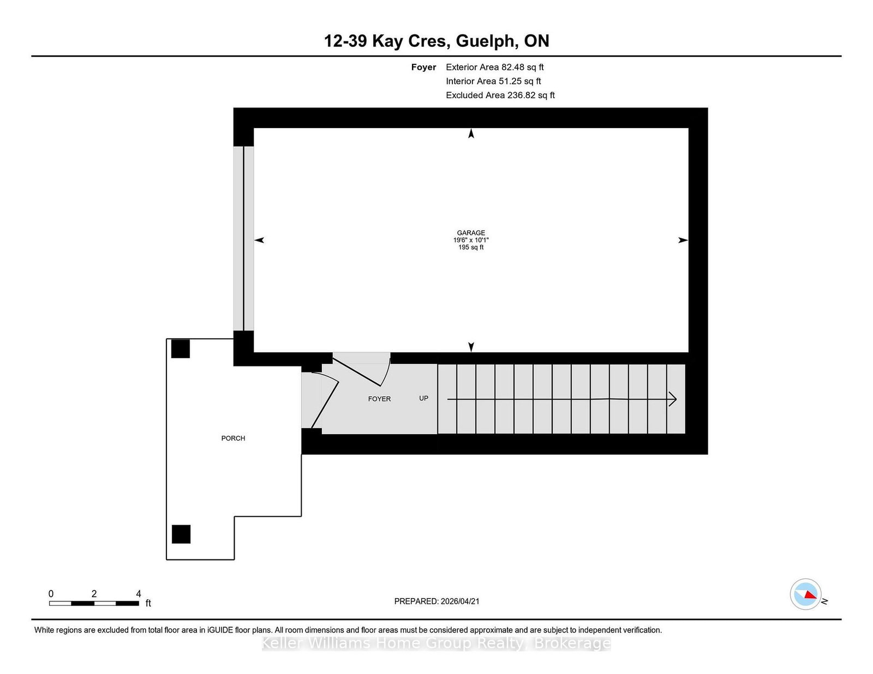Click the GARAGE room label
click(471, 233)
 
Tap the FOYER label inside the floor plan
click(379, 399)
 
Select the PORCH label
click(233, 438)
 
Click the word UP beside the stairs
click(423, 398)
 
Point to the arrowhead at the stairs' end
click(673, 399)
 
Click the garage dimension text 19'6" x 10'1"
click(471, 240)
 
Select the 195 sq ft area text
click(471, 247)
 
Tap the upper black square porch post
click(181, 349)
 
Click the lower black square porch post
click(181, 534)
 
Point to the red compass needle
click(810, 594)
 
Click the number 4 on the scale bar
click(139, 594)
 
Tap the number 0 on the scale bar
click(51, 594)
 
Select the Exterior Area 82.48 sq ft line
click(494, 67)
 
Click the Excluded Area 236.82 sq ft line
click(500, 95)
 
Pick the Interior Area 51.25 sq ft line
click(493, 81)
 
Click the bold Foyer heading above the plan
click(423, 67)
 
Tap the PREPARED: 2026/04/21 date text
click(436, 601)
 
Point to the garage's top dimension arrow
click(471, 133)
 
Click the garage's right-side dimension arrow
click(683, 240)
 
